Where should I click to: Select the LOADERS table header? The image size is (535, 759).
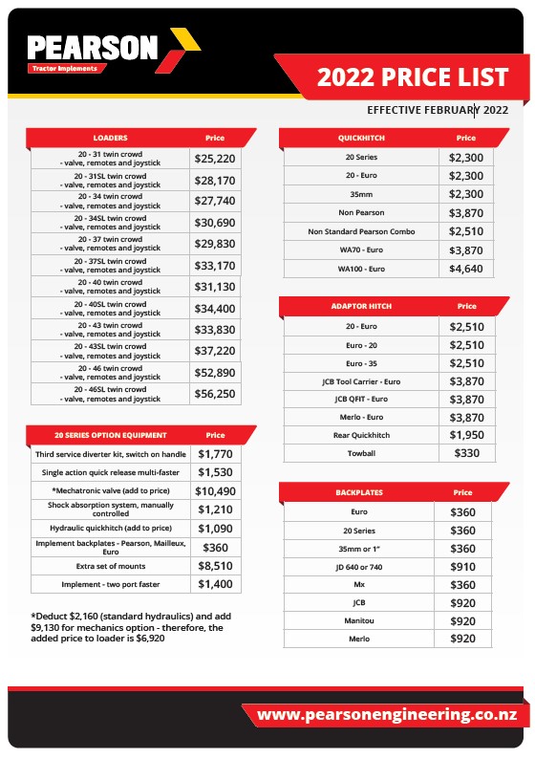point(110,138)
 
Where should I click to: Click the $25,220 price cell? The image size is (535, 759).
point(215,159)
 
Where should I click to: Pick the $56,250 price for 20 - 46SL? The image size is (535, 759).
point(215,393)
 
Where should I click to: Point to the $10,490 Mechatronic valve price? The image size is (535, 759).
point(217,491)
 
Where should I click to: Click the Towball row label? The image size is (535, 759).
point(362,453)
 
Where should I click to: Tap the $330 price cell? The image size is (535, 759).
point(466,453)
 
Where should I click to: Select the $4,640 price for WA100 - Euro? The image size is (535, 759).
point(466,269)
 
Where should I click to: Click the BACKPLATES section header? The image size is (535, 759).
point(358,492)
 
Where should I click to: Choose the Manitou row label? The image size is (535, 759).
point(359,621)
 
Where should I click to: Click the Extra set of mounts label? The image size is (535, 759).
point(111,566)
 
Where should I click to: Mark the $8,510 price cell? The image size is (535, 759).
point(216,566)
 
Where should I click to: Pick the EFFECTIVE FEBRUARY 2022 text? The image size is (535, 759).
point(437,109)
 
